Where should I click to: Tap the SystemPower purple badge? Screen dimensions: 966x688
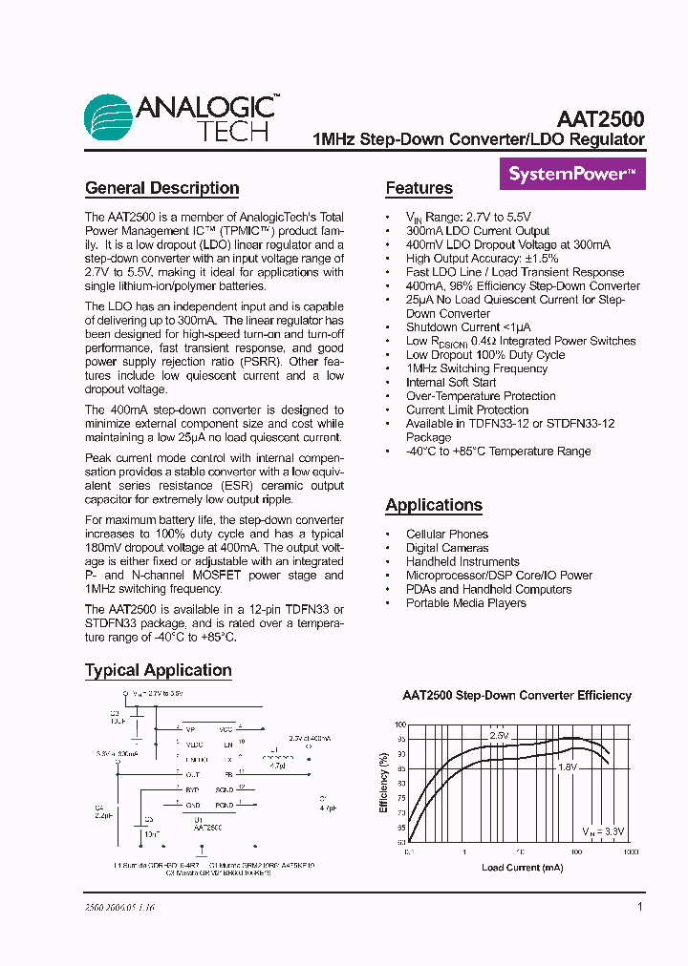572,175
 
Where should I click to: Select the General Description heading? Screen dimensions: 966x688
161,188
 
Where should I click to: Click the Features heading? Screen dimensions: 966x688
419,188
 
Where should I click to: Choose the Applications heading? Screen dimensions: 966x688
434,505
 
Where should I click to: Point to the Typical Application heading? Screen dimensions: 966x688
158,670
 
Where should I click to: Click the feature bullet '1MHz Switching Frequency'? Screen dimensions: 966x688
477,368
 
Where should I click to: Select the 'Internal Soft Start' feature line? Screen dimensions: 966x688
451,382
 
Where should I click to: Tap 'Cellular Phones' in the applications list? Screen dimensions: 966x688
446,535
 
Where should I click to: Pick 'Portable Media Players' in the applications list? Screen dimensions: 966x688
465,603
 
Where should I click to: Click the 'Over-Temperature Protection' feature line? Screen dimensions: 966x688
481,396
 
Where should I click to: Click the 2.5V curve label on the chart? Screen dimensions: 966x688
499,736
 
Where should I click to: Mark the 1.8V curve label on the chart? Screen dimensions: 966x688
568,766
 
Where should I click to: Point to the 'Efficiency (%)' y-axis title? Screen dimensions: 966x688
384,783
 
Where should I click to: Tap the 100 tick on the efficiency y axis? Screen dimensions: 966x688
399,725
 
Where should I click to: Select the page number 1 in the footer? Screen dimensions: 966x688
639,908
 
